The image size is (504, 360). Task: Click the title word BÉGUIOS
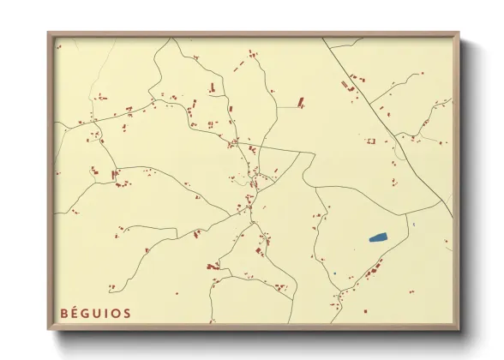tap(95, 313)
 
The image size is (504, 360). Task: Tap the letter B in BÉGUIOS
tap(63, 314)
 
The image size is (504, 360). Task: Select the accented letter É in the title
tap(75, 314)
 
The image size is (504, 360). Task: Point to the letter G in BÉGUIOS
tap(87, 314)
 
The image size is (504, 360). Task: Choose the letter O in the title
tap(116, 314)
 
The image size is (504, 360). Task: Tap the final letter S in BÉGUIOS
tap(127, 314)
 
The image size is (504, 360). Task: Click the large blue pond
tap(377, 237)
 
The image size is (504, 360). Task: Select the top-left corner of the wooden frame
tap(49, 33)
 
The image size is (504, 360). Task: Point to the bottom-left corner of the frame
tap(49, 329)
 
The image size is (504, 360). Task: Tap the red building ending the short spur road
tap(301, 102)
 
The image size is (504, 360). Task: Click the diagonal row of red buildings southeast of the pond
tap(372, 273)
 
